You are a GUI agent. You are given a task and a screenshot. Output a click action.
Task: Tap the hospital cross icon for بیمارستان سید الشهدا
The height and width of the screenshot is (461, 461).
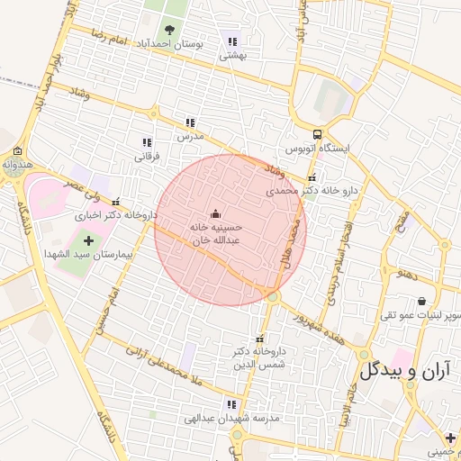(x=87, y=240)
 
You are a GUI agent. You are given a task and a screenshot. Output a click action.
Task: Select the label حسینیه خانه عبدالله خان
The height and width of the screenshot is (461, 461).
(x=215, y=235)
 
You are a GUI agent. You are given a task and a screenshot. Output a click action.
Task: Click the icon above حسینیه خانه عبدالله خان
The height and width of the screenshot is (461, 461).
(x=215, y=214)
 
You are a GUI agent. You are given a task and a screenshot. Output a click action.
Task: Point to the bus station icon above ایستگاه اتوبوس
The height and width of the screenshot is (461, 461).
(x=317, y=132)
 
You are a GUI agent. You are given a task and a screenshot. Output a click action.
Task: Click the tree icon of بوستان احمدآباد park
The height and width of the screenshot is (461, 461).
(x=169, y=29)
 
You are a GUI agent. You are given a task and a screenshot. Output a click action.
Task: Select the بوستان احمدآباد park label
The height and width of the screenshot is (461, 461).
(x=169, y=43)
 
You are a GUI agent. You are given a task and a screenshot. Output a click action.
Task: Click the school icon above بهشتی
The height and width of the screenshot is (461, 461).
(x=233, y=41)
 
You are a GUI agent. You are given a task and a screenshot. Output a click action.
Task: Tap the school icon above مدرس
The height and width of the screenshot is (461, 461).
(x=190, y=122)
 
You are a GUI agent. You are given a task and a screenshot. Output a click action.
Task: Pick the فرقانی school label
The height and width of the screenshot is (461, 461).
(x=146, y=157)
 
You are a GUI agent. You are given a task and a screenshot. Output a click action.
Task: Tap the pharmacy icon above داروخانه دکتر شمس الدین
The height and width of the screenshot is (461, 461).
(x=260, y=338)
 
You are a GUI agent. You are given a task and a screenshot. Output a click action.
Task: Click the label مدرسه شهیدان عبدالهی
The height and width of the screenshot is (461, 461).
(x=232, y=419)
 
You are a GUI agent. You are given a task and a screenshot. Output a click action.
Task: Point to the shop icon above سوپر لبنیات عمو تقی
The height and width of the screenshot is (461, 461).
(x=420, y=301)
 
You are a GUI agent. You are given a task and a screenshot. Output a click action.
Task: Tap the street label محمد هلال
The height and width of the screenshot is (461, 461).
(x=293, y=243)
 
